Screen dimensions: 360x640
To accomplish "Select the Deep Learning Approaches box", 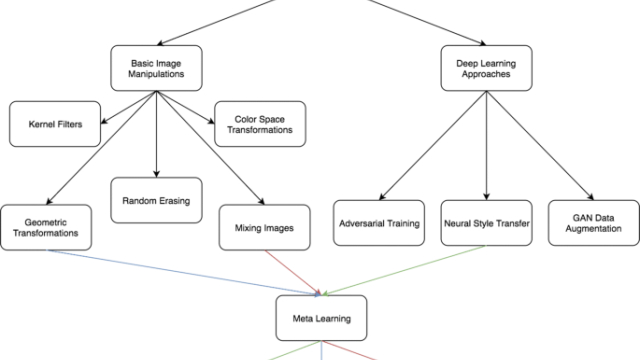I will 485,69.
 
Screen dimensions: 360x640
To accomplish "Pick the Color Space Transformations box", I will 258,126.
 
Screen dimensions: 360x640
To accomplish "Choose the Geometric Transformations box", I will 47,226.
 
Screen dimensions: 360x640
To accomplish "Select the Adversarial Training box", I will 377,226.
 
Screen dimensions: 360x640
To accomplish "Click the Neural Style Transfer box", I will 485,226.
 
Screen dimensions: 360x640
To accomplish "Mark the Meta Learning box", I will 320,320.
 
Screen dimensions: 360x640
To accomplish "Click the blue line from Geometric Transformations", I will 180,271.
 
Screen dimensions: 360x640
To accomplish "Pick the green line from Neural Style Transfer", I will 400,270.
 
